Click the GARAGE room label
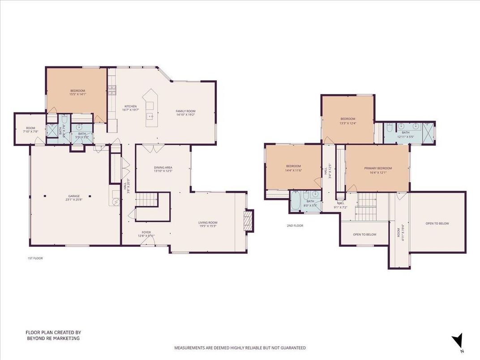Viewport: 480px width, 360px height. (x=74, y=196)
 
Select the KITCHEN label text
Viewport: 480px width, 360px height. (x=130, y=107)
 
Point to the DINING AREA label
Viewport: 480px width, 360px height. (x=163, y=167)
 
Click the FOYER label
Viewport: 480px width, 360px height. (x=146, y=232)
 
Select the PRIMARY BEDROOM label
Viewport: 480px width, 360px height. (x=378, y=168)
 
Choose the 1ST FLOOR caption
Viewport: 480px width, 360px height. (x=35, y=258)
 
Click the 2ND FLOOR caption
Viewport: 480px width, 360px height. (x=295, y=226)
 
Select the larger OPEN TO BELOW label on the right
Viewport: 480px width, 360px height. (x=437, y=223)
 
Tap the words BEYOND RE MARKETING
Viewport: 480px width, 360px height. (x=53, y=339)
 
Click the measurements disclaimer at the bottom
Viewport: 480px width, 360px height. (x=240, y=348)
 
